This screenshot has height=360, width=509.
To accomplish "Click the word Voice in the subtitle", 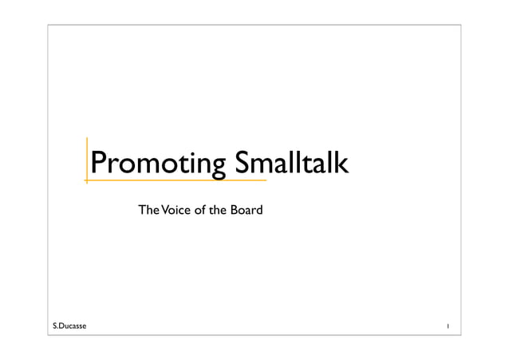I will coord(176,211).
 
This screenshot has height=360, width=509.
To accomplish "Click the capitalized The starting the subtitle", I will coord(148,211).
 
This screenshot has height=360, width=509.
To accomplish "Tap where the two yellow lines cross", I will coord(87,180).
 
